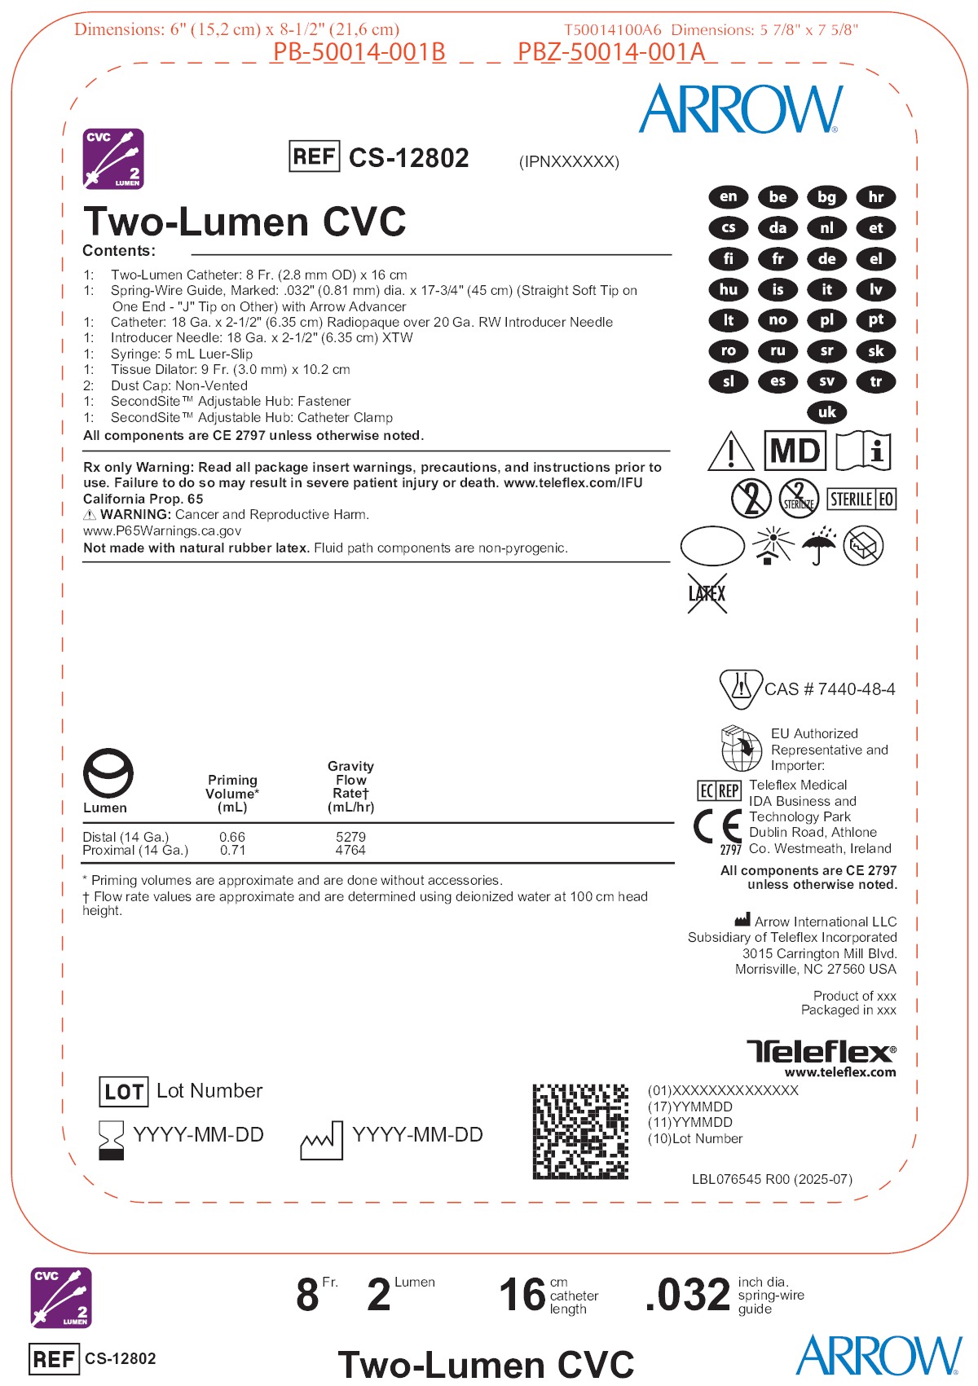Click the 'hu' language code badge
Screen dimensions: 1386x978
pyautogui.click(x=729, y=289)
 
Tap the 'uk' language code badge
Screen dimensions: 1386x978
pyautogui.click(x=826, y=412)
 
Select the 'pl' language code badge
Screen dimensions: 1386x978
pyautogui.click(x=826, y=320)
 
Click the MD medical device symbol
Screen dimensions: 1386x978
pyautogui.click(x=795, y=451)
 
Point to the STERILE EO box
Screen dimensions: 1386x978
pyautogui.click(x=861, y=499)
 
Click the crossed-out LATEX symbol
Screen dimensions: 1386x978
pyautogui.click(x=707, y=593)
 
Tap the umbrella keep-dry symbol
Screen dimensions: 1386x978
pyautogui.click(x=818, y=545)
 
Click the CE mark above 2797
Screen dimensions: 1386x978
pyautogui.click(x=717, y=826)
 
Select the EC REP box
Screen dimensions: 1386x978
pyautogui.click(x=719, y=790)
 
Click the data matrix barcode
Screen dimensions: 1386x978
pyautogui.click(x=580, y=1131)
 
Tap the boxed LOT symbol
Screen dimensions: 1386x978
pyautogui.click(x=123, y=1092)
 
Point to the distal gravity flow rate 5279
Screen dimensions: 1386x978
pyautogui.click(x=350, y=837)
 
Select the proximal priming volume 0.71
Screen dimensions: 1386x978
pyautogui.click(x=232, y=850)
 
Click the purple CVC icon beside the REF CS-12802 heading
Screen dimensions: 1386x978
pyautogui.click(x=113, y=158)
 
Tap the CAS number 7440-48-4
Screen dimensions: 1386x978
pyautogui.click(x=830, y=689)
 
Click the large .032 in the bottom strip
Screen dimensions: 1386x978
pyautogui.click(x=688, y=1295)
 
